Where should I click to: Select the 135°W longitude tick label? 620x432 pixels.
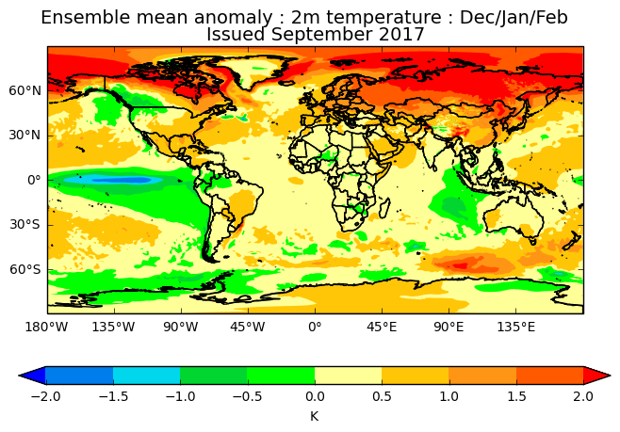114,328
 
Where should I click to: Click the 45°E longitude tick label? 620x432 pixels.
382,328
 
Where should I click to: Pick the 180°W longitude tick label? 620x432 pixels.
46,328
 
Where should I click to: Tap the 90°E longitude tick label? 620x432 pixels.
449,328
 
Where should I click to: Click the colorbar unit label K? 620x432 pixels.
314,415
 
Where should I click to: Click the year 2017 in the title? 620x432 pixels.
400,35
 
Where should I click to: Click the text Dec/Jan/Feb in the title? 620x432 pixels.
514,18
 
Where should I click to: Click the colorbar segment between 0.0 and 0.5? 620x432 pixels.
348,376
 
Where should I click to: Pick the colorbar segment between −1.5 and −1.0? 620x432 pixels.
146,376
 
